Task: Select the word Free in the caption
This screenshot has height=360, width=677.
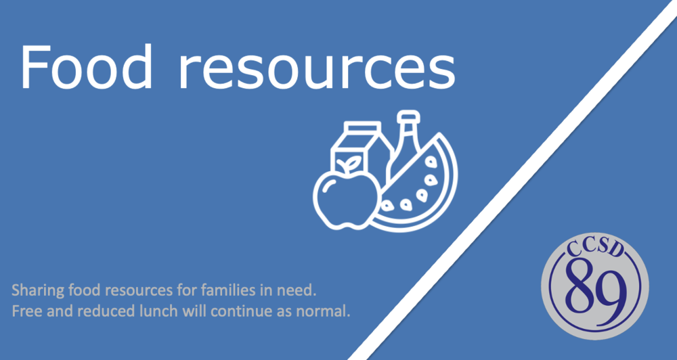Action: pos(24,313)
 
